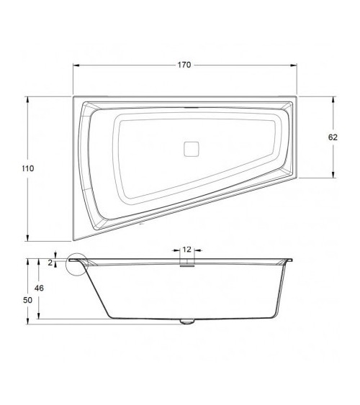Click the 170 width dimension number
coord(184,65)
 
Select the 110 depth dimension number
coord(28,168)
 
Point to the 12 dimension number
coord(187,249)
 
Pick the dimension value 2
coord(50,263)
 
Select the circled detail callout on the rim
coord(75,265)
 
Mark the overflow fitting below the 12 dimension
coord(187,263)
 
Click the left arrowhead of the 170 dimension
coord(76,65)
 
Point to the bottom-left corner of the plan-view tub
coord(73,240)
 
